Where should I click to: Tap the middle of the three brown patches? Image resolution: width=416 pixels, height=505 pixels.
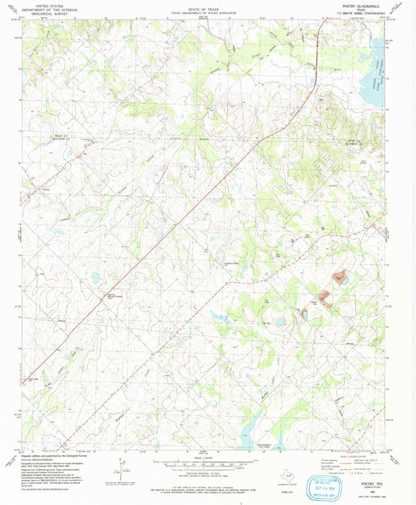click(x=326, y=298)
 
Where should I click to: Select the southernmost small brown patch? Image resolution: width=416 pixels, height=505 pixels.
click(x=303, y=313)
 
